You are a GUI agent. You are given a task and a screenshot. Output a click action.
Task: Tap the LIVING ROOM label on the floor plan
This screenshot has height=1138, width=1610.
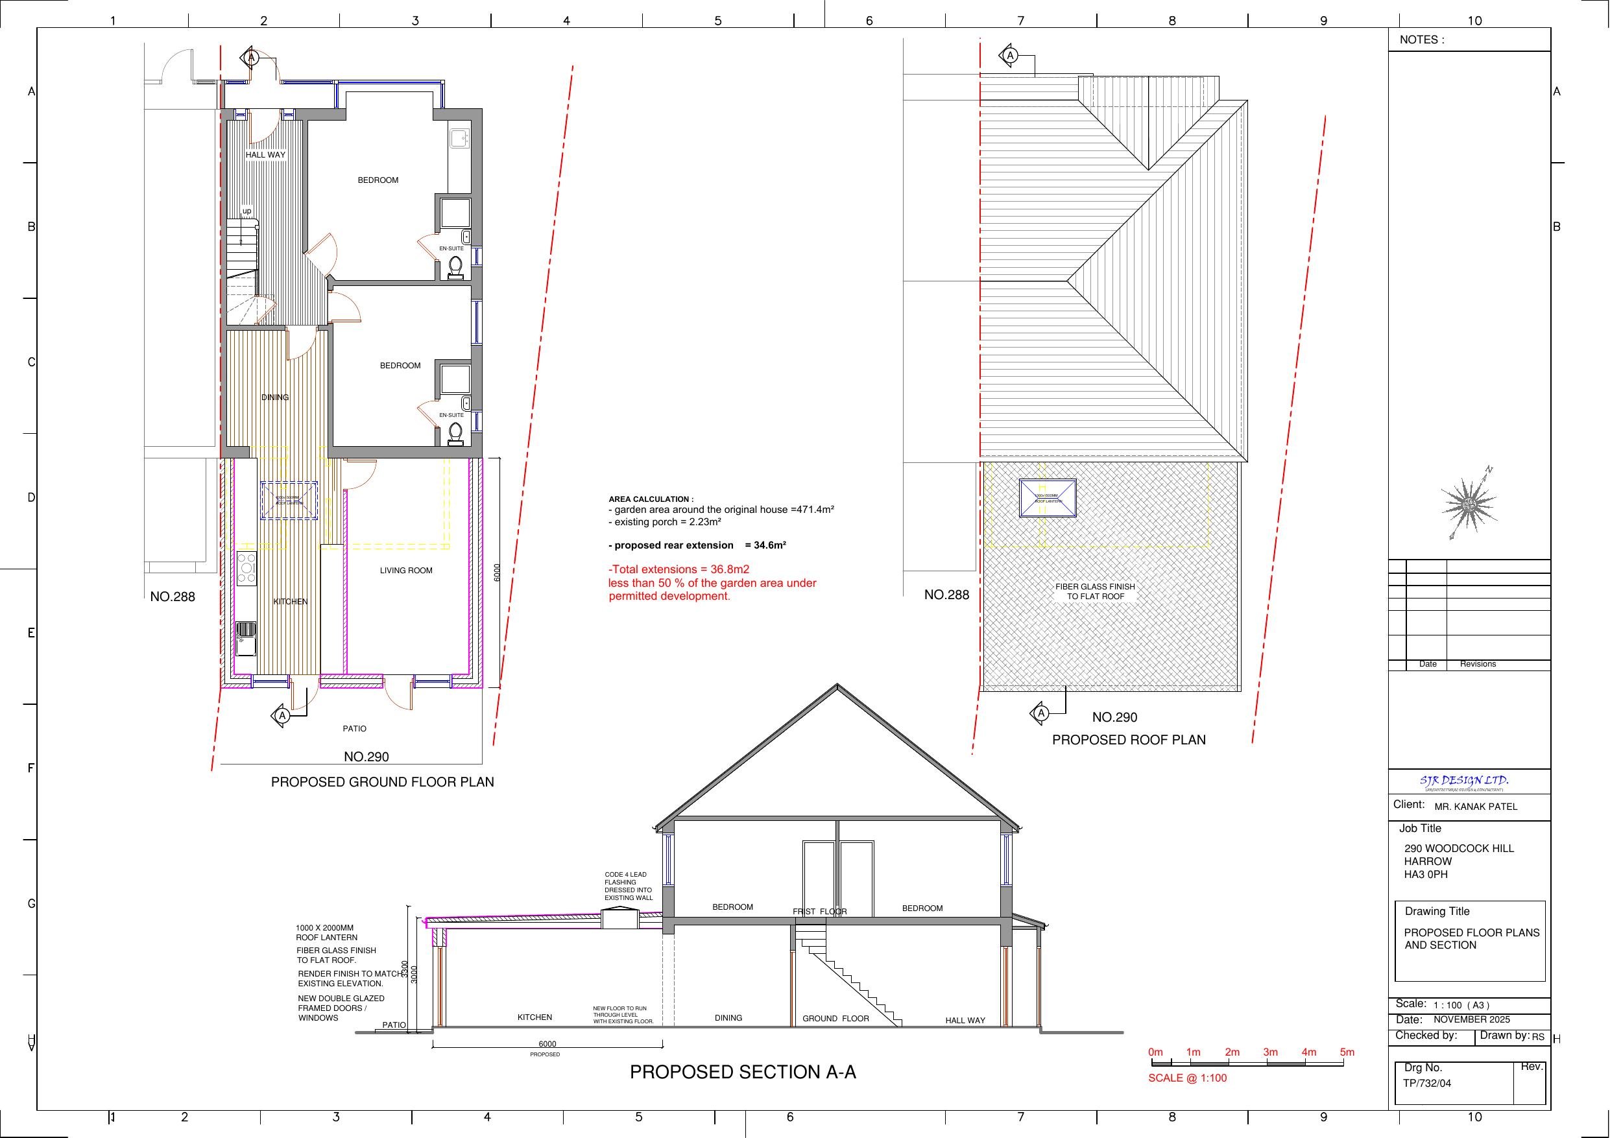pyautogui.click(x=406, y=570)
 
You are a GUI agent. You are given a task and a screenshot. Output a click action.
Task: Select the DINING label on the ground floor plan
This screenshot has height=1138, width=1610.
pyautogui.click(x=275, y=397)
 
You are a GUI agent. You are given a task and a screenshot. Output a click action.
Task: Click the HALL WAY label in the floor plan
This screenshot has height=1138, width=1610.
pyautogui.click(x=265, y=154)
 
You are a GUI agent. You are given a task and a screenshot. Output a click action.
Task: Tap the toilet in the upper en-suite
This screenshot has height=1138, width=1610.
pyautogui.click(x=456, y=267)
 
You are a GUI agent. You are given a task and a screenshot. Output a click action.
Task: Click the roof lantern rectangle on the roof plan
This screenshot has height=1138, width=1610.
pyautogui.click(x=1048, y=498)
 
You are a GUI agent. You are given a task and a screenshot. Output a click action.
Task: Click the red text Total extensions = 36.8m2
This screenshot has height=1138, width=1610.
pyautogui.click(x=679, y=569)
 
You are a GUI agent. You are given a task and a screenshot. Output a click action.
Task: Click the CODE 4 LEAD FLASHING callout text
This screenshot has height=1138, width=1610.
pyautogui.click(x=629, y=886)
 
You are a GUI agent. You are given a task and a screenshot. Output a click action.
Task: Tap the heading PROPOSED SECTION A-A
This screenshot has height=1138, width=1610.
pyautogui.click(x=743, y=1071)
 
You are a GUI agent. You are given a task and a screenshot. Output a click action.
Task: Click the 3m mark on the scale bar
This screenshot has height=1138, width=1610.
pyautogui.click(x=1270, y=1052)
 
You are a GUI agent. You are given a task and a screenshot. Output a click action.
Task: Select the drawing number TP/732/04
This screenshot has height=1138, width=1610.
pyautogui.click(x=1426, y=1083)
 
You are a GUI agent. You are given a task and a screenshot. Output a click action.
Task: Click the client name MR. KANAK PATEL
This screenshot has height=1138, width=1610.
pyautogui.click(x=1475, y=807)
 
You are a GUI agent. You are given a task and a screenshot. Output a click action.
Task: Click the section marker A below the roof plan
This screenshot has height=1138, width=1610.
pyautogui.click(x=1041, y=713)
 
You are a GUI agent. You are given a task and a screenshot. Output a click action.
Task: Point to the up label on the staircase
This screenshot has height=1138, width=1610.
pyautogui.click(x=247, y=210)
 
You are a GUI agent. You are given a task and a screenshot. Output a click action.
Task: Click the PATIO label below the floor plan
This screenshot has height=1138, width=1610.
pyautogui.click(x=354, y=729)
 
